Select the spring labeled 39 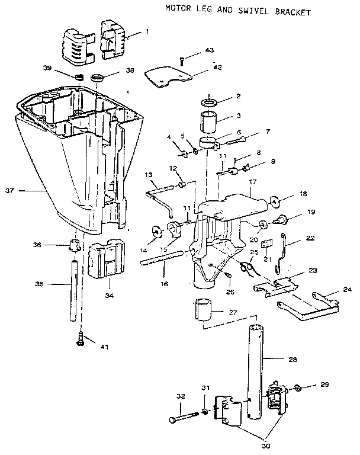(76, 76)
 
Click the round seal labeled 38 (98, 78)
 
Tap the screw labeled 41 (80, 339)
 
